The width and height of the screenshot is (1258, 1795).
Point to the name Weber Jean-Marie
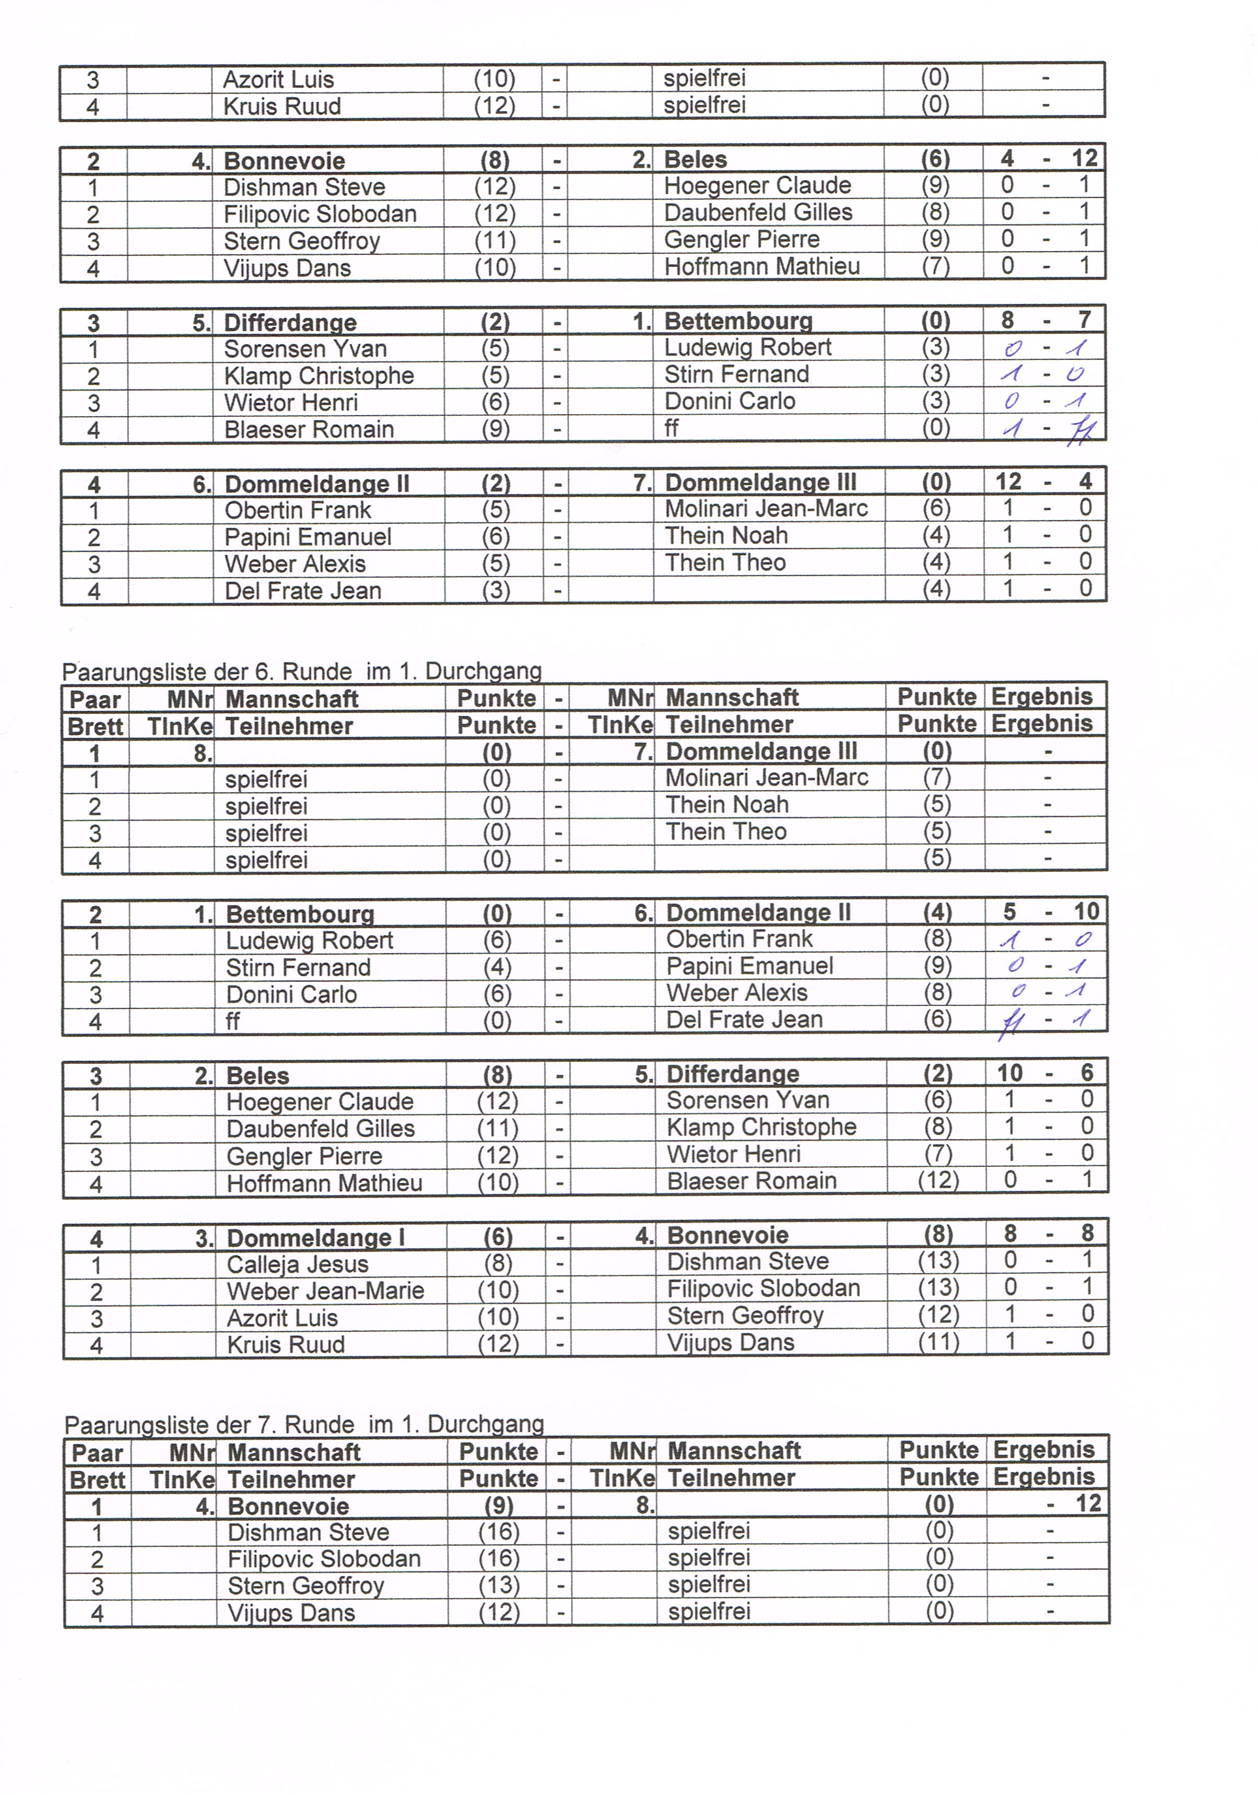coord(325,1290)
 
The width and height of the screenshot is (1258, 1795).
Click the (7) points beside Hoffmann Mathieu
coord(935,266)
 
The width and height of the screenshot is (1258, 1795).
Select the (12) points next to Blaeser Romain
coord(937,1180)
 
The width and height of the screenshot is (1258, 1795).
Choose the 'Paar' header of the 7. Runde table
coord(97,1452)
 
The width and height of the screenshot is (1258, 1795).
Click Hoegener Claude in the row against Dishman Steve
coord(757,185)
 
